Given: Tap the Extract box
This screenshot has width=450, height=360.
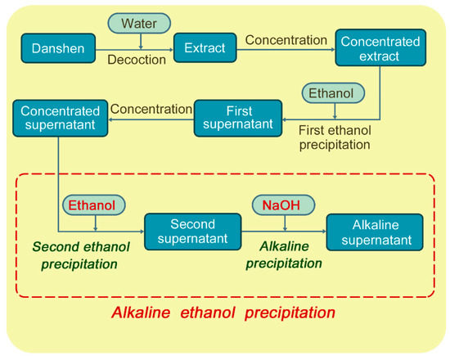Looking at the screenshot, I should point(205,47).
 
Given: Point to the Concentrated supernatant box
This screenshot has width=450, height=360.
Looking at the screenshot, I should point(60,118).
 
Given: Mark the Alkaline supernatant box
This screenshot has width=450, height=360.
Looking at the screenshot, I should point(375,231).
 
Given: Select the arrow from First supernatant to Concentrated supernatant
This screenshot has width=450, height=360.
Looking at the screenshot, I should point(150,118).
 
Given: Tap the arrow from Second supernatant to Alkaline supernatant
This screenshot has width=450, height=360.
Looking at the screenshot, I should point(282,231).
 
